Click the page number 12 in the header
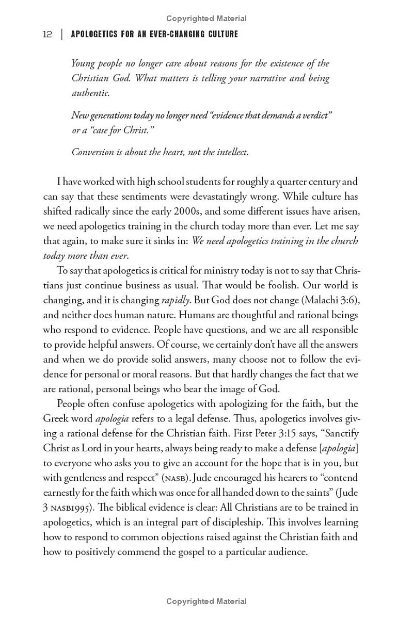click(47, 35)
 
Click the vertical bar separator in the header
click(62, 35)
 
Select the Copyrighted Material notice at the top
click(206, 19)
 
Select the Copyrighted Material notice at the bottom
click(206, 601)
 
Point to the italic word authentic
click(90, 93)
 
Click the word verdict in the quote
click(314, 115)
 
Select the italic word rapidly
click(176, 300)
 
